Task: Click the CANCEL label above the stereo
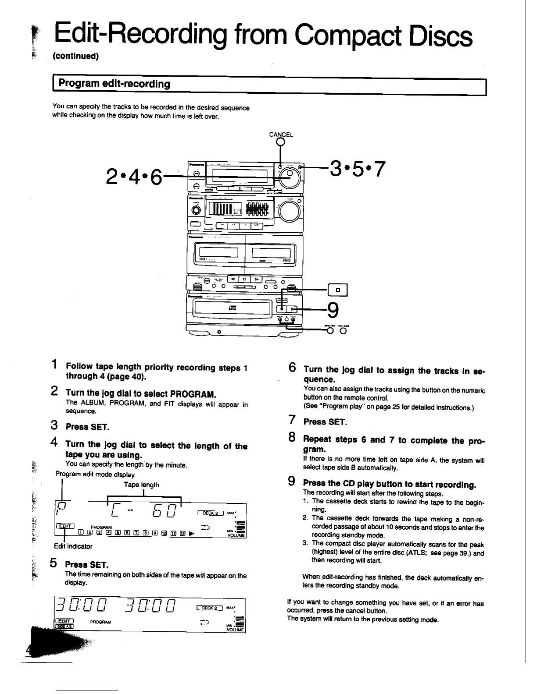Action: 281,135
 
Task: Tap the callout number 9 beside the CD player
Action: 333,311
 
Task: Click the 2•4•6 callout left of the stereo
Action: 134,177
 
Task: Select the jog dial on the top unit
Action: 290,176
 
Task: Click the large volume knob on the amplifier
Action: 288,212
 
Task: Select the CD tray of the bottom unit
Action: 233,309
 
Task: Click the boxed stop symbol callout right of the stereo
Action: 338,290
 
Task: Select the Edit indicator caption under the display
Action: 73,546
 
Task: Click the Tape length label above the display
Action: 141,485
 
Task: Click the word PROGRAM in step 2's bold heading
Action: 193,393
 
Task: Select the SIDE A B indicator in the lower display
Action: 64,626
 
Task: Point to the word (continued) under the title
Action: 76,57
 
